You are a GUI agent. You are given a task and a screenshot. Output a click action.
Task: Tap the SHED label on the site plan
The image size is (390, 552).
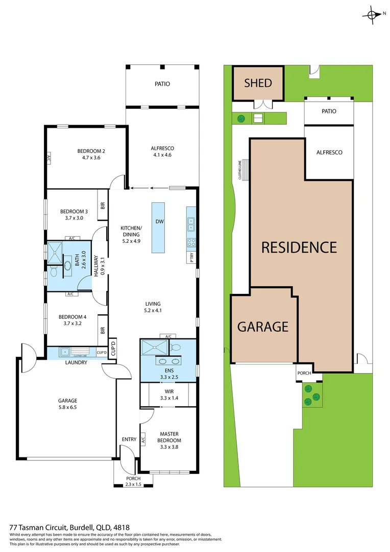pyautogui.click(x=258, y=83)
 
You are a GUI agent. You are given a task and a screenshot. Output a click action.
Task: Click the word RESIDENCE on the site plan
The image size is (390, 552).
pyautogui.click(x=299, y=247)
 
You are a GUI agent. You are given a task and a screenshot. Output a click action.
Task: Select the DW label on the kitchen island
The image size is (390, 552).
pyautogui.click(x=159, y=221)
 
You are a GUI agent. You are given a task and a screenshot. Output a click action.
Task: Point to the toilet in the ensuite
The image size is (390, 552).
pyautogui.click(x=176, y=347)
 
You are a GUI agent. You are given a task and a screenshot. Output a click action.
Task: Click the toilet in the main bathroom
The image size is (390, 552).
pyautogui.click(x=53, y=269)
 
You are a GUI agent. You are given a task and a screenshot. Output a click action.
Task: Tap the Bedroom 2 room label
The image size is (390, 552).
pyautogui.click(x=91, y=151)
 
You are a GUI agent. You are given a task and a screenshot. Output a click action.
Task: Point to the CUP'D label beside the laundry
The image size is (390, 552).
pyautogui.click(x=102, y=353)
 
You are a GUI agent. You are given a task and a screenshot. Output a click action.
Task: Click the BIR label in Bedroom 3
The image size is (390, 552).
pyautogui.click(x=103, y=205)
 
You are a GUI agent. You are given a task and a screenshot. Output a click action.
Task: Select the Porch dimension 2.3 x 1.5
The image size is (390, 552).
pyautogui.click(x=126, y=485)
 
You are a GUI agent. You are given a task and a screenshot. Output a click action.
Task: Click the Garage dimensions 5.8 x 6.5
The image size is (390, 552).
pyautogui.click(x=68, y=407)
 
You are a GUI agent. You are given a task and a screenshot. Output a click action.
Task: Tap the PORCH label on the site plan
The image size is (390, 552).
pyautogui.click(x=304, y=373)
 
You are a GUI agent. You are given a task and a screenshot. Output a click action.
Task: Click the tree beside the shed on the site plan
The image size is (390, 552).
pyautogui.click(x=240, y=119)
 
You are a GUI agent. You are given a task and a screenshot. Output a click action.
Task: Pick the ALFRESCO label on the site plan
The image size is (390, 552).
pyautogui.click(x=329, y=152)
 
